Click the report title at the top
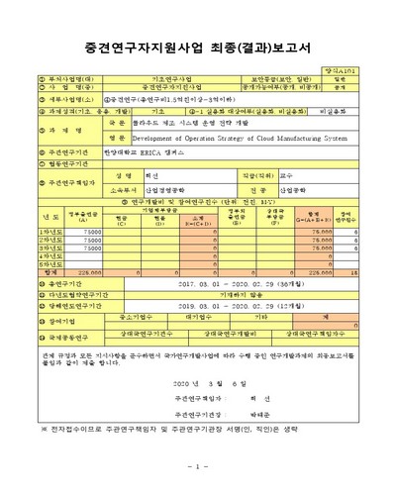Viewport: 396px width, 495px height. (x=198, y=46)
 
